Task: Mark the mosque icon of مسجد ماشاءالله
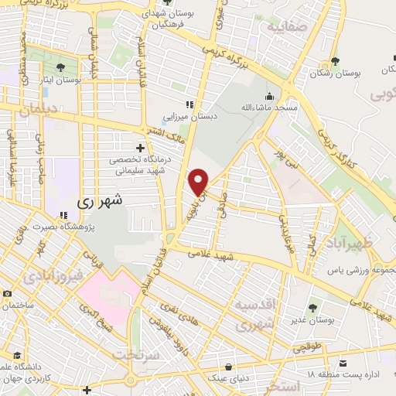[269, 97]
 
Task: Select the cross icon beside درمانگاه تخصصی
[139, 147]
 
